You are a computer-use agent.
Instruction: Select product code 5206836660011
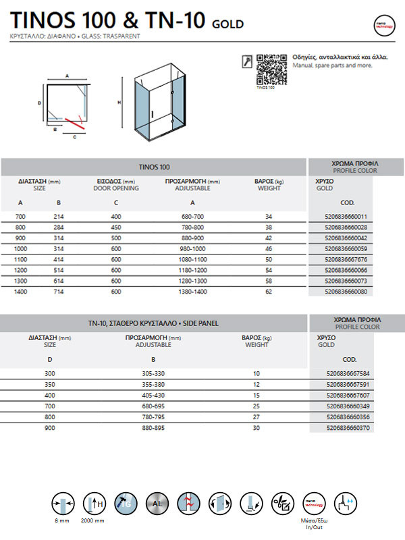coord(346,217)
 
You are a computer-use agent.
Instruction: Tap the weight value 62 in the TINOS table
coord(269,292)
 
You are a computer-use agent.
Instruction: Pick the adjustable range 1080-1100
coord(192,260)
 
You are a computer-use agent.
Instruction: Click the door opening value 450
coord(116,227)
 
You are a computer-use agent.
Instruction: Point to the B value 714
coord(59,292)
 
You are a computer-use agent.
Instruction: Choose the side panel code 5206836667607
coord(346,395)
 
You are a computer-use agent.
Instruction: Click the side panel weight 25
coord(255,406)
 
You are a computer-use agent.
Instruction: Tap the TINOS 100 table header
coord(154,167)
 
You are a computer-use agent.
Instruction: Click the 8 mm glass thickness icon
coord(61,503)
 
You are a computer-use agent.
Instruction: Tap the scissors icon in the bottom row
coord(283,503)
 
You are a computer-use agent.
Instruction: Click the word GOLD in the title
coord(228,25)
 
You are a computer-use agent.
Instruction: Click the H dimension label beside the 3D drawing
coord(119,103)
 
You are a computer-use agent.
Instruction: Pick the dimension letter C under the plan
coord(75,136)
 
